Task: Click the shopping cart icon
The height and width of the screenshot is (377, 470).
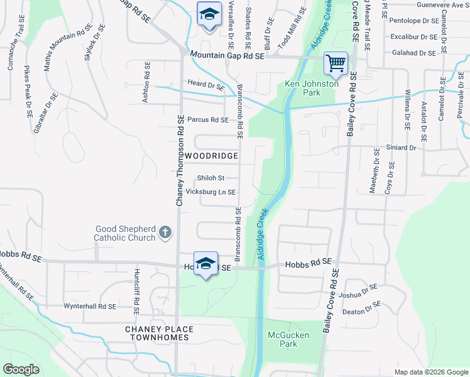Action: click(336, 63)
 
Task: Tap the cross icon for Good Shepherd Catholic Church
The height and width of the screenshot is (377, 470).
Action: click(165, 233)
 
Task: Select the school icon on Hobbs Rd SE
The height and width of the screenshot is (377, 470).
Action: click(205, 263)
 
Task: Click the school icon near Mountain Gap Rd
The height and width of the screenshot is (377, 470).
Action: click(209, 14)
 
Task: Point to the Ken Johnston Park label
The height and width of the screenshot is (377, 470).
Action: click(302, 88)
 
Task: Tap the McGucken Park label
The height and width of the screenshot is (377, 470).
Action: click(288, 339)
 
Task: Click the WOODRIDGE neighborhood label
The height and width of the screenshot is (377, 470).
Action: click(210, 156)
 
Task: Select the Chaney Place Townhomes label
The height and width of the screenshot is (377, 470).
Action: click(157, 333)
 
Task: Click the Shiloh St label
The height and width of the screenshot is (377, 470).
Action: click(210, 178)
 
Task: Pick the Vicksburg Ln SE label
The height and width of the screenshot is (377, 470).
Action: click(210, 192)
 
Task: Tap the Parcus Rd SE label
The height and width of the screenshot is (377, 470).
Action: click(207, 119)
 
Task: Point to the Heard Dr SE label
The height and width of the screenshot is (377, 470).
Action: click(205, 84)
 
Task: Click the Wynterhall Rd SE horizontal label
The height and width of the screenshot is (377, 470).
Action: click(90, 306)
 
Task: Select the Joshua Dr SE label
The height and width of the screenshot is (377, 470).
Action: click(358, 292)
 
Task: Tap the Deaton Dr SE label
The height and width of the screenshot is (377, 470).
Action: click(361, 308)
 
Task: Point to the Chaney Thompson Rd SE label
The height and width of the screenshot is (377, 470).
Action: click(179, 161)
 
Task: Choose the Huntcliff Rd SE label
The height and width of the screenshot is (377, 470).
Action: click(136, 292)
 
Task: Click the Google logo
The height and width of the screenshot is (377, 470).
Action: click(21, 369)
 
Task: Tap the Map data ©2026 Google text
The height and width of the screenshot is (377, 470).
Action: click(430, 372)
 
